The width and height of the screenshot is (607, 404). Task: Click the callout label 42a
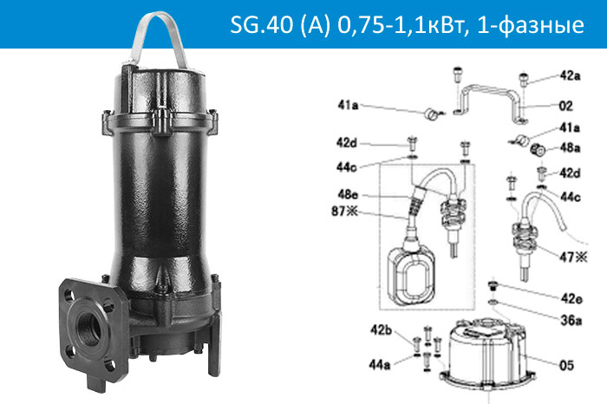pyautogui.click(x=569, y=75)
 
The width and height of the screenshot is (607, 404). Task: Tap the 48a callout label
pyautogui.click(x=570, y=147)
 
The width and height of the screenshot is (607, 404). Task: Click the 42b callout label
pyautogui.click(x=382, y=330)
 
